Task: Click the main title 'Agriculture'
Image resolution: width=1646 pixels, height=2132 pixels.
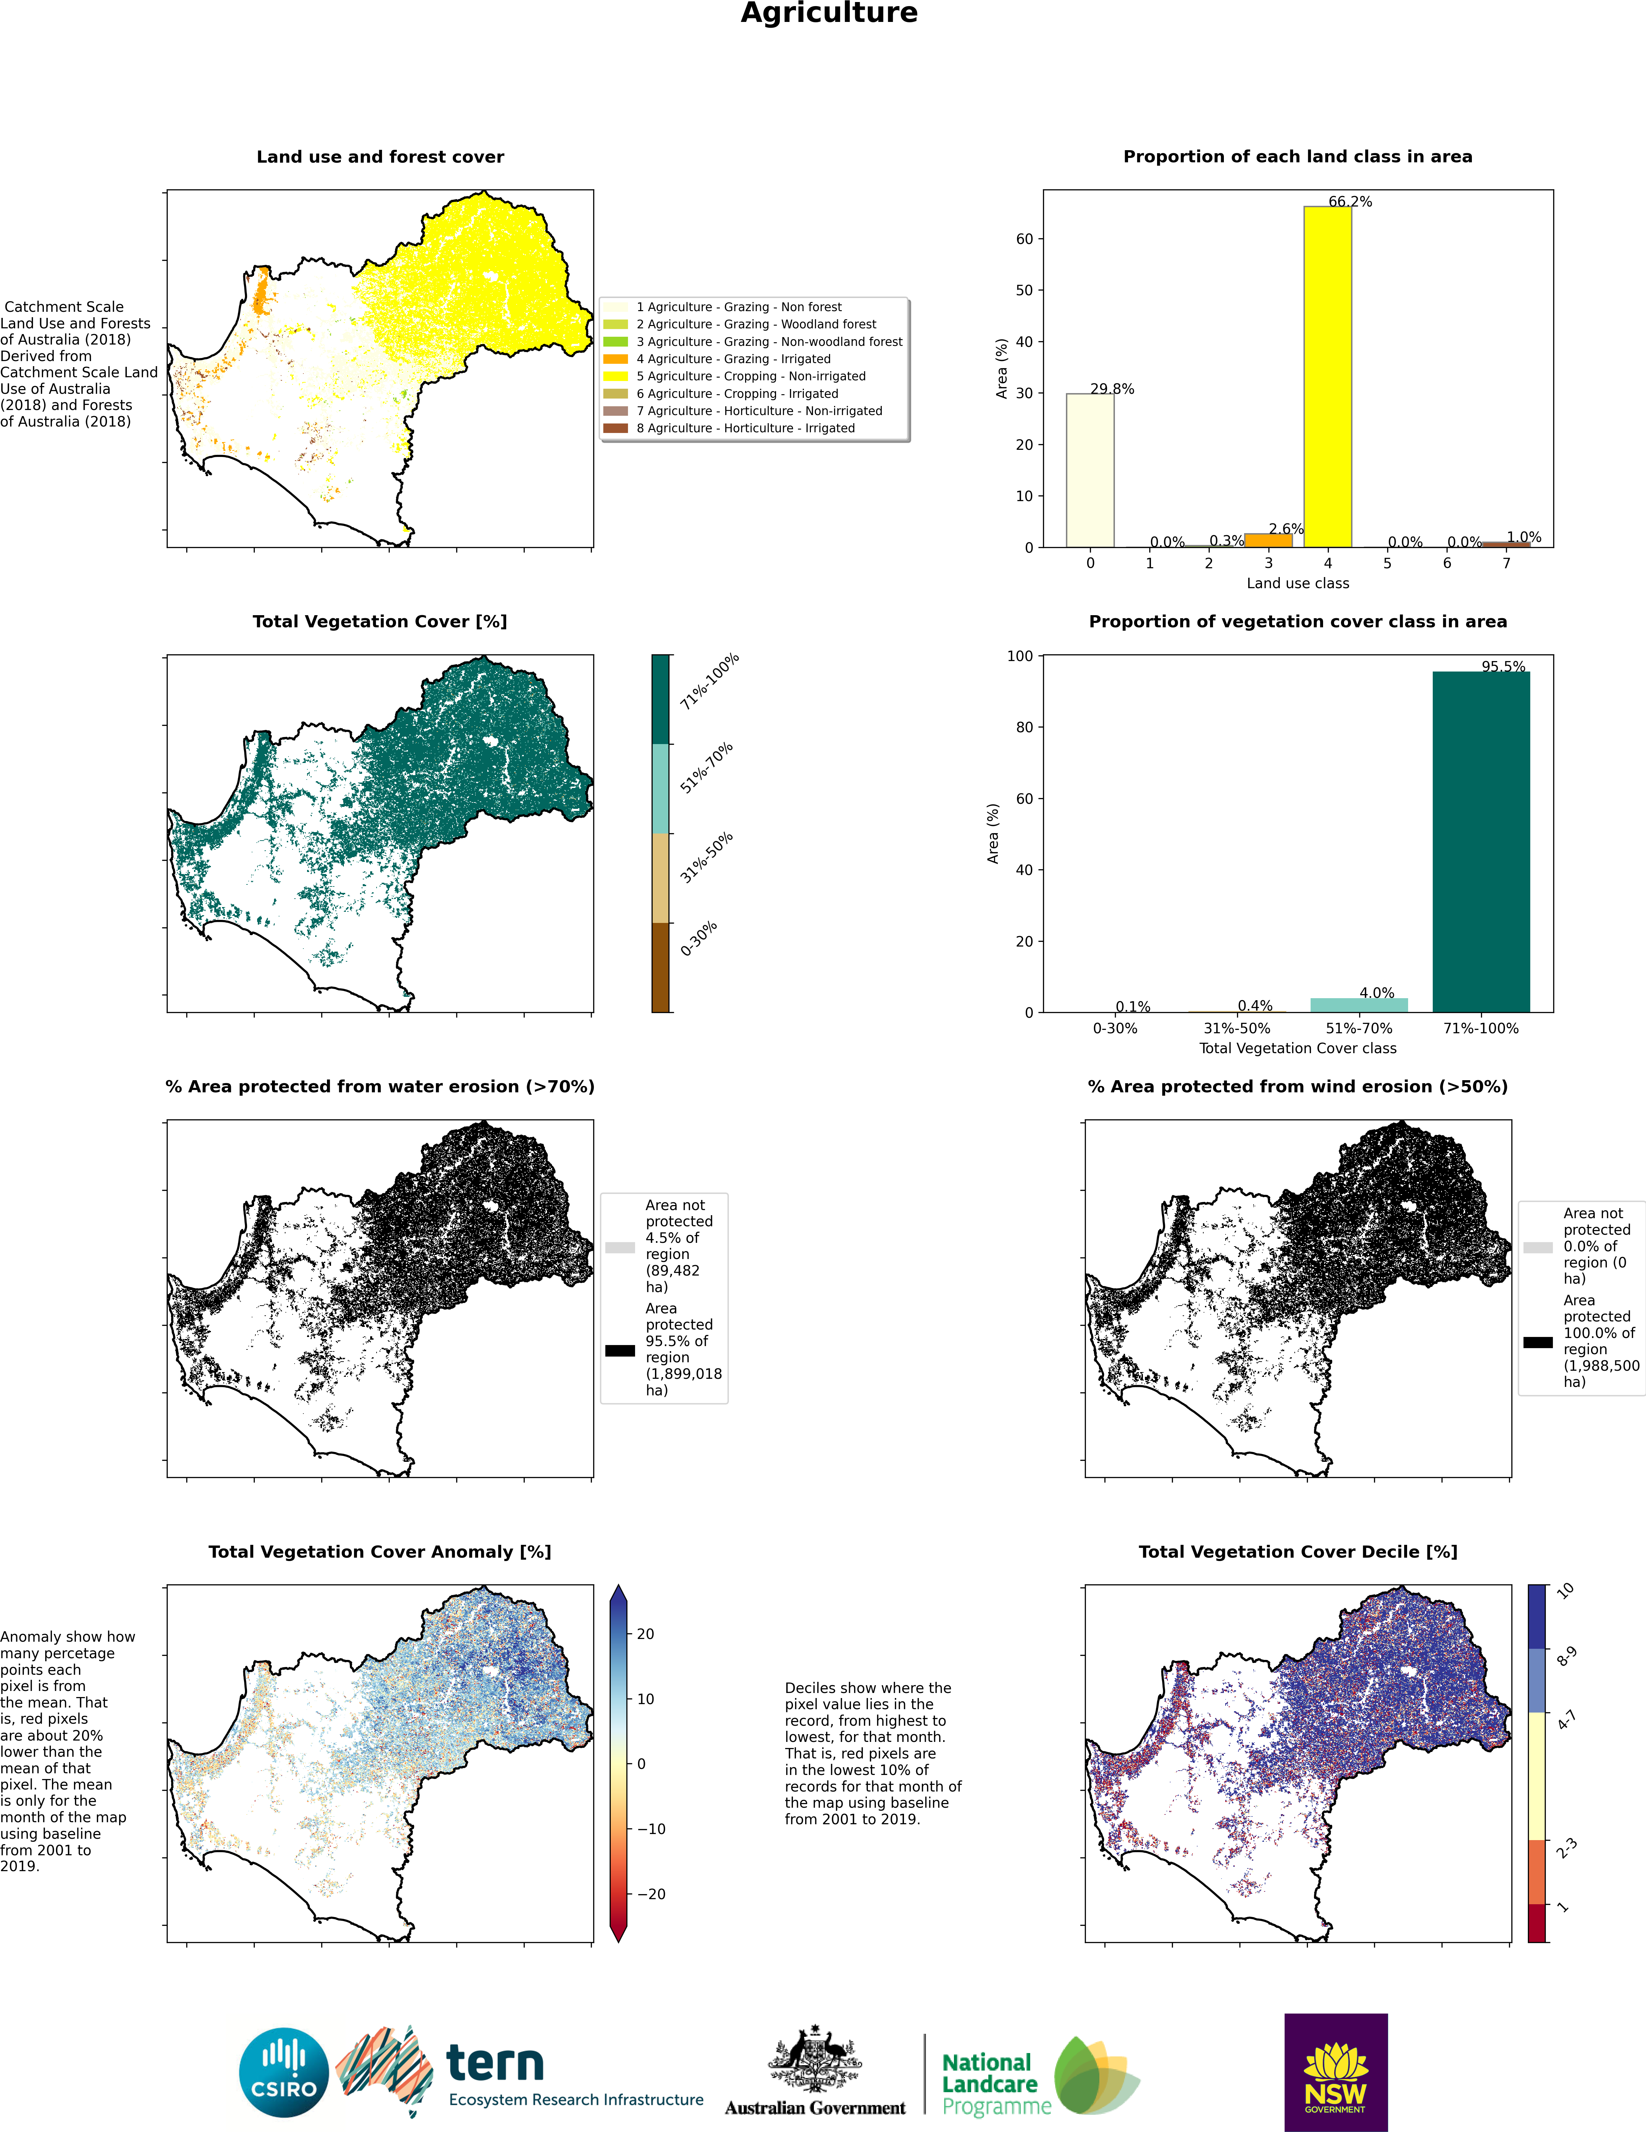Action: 829,13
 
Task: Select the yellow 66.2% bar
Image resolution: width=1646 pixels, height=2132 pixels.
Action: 1328,377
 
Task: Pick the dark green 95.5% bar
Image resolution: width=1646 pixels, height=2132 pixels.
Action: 1481,842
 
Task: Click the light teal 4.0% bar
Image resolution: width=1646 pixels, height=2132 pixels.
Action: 1359,1006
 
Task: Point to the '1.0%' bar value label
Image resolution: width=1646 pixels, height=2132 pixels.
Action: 1524,537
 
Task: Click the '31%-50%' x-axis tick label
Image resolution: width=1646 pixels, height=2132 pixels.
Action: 1237,1028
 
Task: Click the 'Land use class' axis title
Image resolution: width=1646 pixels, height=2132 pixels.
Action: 1297,583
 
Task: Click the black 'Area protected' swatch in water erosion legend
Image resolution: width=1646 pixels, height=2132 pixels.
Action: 620,1350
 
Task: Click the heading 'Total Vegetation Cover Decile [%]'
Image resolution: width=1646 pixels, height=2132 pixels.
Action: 1297,1551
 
